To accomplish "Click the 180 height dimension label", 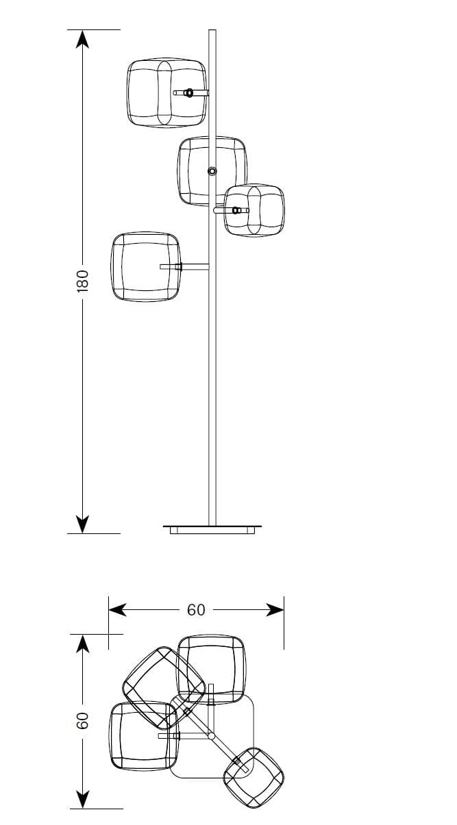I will click(82, 281).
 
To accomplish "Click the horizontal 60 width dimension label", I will click(196, 609).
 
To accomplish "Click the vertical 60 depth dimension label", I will click(82, 721).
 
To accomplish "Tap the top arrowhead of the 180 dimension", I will click(82, 38).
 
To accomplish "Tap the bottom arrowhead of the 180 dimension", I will click(82, 524).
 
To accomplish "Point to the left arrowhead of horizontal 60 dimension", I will click(117, 609).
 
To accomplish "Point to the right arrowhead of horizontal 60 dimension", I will click(275, 609).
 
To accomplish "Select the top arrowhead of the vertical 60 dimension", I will click(82, 643).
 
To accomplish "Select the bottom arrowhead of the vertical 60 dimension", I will click(82, 800).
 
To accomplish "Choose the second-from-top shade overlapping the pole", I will click(212, 170).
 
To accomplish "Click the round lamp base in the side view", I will click(212, 528).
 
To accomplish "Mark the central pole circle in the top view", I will click(211, 736).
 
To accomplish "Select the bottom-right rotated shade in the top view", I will click(254, 777).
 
